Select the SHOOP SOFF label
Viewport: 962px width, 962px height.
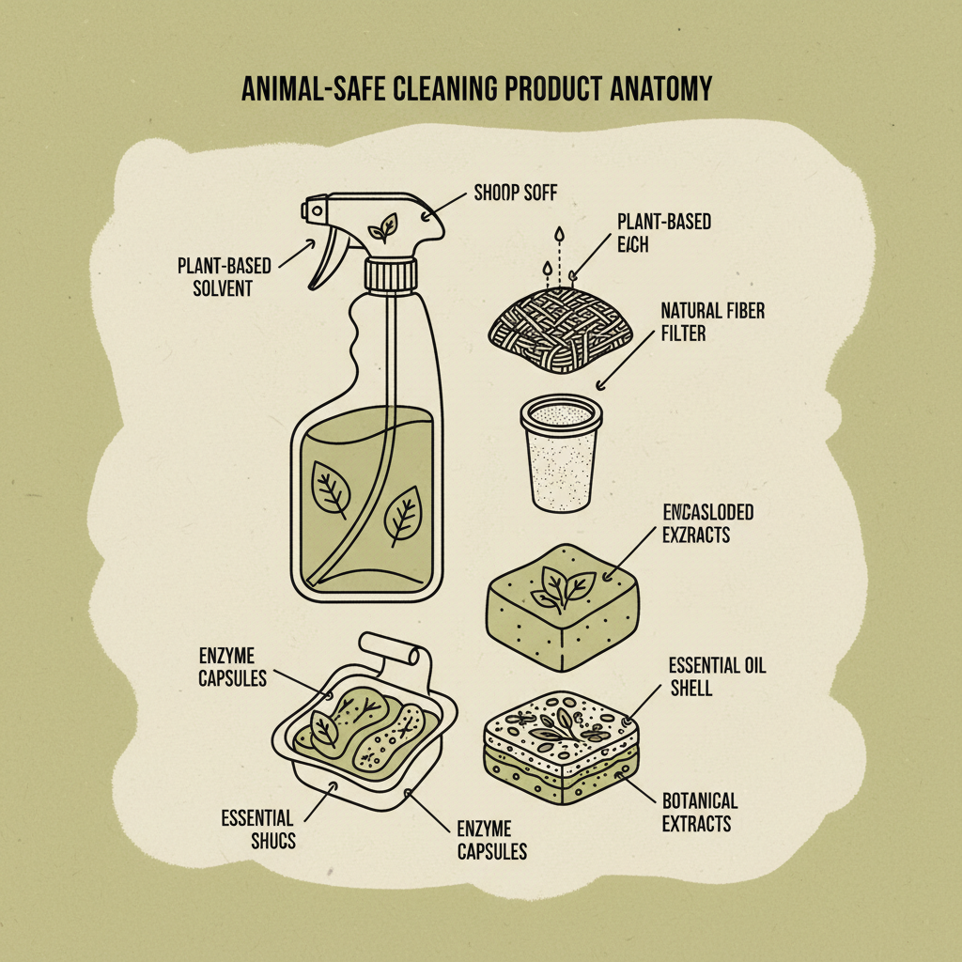tap(514, 194)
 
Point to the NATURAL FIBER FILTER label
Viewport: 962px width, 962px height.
tap(712, 320)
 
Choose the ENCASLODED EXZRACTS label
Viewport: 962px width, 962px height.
tap(707, 523)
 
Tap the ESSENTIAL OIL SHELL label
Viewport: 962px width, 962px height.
tap(717, 676)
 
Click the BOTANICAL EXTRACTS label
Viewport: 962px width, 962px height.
tap(700, 813)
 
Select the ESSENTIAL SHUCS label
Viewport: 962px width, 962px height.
tap(258, 829)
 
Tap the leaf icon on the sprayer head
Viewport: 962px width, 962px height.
tap(381, 227)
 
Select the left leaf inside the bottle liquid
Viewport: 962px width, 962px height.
tap(331, 489)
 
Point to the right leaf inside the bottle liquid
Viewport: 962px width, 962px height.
tap(402, 515)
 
